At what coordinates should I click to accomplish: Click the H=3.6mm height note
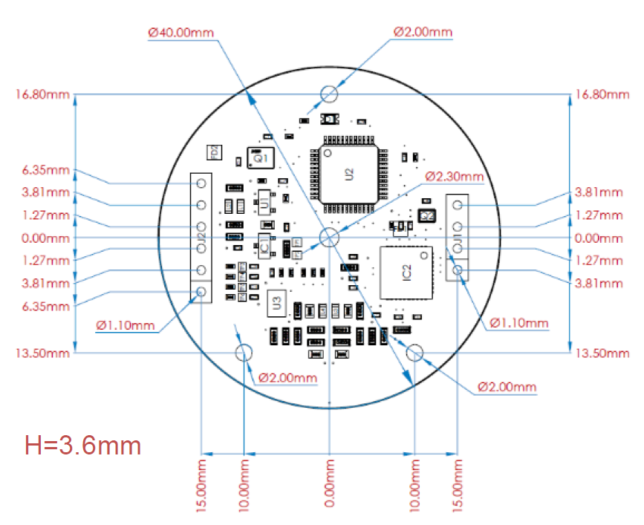(82, 446)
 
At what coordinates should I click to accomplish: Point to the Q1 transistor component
(260, 158)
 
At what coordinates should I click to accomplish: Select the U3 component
(276, 301)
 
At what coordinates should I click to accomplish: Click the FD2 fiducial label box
(213, 152)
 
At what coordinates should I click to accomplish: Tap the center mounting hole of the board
(328, 238)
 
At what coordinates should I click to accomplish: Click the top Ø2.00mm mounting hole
(328, 94)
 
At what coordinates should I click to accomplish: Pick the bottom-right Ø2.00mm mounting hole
(414, 353)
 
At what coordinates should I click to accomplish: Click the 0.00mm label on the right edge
(599, 238)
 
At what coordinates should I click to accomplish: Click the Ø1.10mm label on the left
(126, 325)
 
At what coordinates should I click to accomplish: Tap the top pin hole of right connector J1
(458, 204)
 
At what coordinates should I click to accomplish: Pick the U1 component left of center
(264, 198)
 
